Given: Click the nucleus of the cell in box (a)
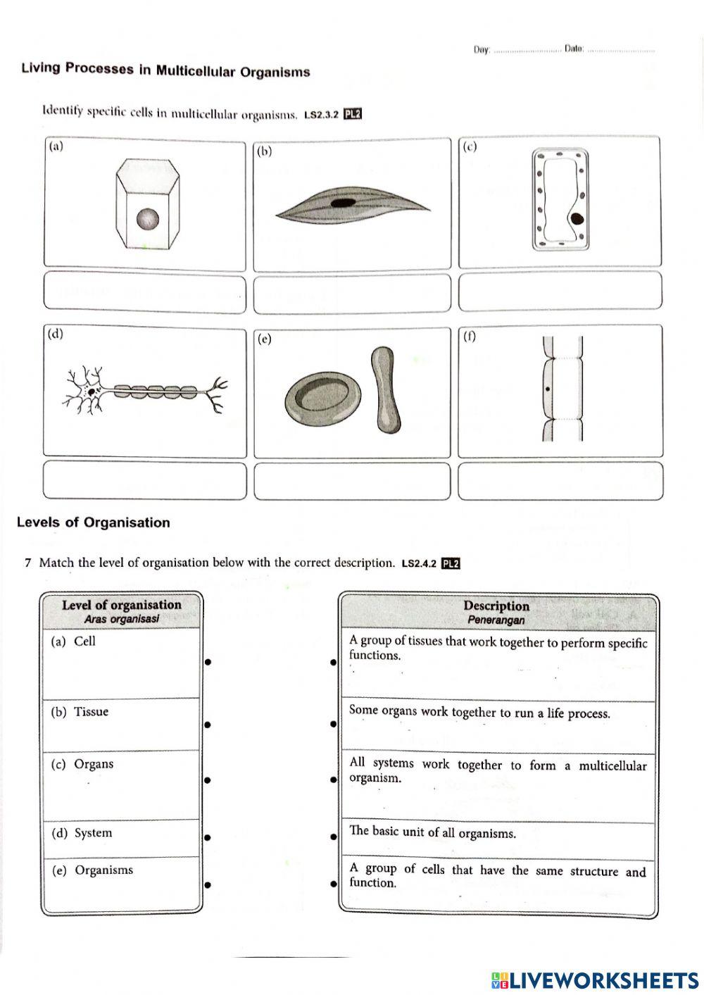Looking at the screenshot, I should click(x=148, y=220).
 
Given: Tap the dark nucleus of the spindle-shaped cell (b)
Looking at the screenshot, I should click(x=344, y=203).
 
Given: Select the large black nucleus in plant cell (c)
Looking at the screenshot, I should click(x=577, y=218).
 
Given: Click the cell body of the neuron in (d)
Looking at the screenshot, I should click(x=91, y=391).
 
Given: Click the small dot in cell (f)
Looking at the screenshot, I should click(x=547, y=389).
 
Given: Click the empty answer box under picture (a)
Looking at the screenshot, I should click(x=145, y=292).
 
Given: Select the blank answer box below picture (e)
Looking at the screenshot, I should click(x=352, y=482).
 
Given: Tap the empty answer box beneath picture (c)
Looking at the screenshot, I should click(x=560, y=292).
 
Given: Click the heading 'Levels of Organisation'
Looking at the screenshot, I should click(x=93, y=522).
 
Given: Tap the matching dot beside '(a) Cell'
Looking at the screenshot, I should click(x=208, y=661).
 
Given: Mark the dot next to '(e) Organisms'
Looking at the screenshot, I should click(x=208, y=884).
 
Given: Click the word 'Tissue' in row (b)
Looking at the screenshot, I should click(x=92, y=712).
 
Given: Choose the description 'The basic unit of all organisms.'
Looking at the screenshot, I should click(x=432, y=832).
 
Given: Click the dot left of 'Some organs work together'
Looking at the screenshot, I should click(x=333, y=723).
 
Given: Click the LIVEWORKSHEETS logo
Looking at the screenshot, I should click(x=595, y=980).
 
